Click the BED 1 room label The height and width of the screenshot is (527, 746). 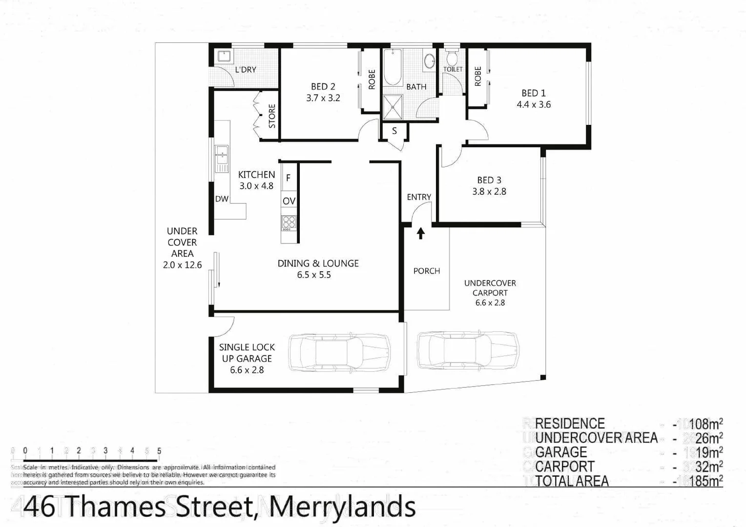pyautogui.click(x=533, y=93)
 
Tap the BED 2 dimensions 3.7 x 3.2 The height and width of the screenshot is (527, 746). pyautogui.click(x=323, y=98)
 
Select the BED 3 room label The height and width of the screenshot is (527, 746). pyautogui.click(x=489, y=180)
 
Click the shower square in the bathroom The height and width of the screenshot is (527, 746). pyautogui.click(x=392, y=107)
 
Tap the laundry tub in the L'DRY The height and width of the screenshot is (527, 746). pyautogui.click(x=225, y=56)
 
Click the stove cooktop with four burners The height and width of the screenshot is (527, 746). pyautogui.click(x=289, y=223)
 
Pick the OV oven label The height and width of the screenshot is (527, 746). pyautogui.click(x=289, y=201)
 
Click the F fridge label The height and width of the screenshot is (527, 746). pyautogui.click(x=288, y=178)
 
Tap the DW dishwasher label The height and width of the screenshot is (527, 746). pyautogui.click(x=222, y=199)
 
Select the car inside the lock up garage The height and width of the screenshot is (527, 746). pyautogui.click(x=339, y=353)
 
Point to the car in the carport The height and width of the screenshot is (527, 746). pyautogui.click(x=467, y=351)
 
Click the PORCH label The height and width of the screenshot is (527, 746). pyautogui.click(x=426, y=271)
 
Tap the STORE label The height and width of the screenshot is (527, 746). pyautogui.click(x=272, y=116)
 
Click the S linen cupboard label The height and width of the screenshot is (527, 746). pyautogui.click(x=394, y=131)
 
